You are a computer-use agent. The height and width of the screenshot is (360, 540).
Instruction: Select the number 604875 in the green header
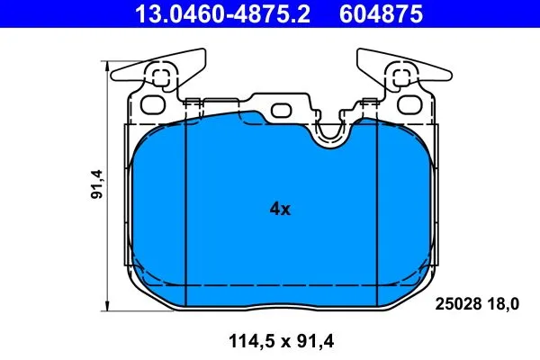pos(382,14)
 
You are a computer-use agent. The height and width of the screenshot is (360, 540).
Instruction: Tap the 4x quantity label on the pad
pos(280,210)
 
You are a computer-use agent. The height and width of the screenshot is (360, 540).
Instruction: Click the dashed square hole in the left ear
pos(161,78)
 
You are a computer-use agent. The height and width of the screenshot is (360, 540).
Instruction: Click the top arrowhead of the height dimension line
pos(109,64)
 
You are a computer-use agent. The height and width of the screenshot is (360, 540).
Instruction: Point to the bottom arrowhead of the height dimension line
pos(109,307)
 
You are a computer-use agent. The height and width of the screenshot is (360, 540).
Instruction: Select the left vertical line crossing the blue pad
pos(184,216)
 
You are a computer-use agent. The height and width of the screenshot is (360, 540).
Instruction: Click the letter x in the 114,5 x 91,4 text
pos(275,341)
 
